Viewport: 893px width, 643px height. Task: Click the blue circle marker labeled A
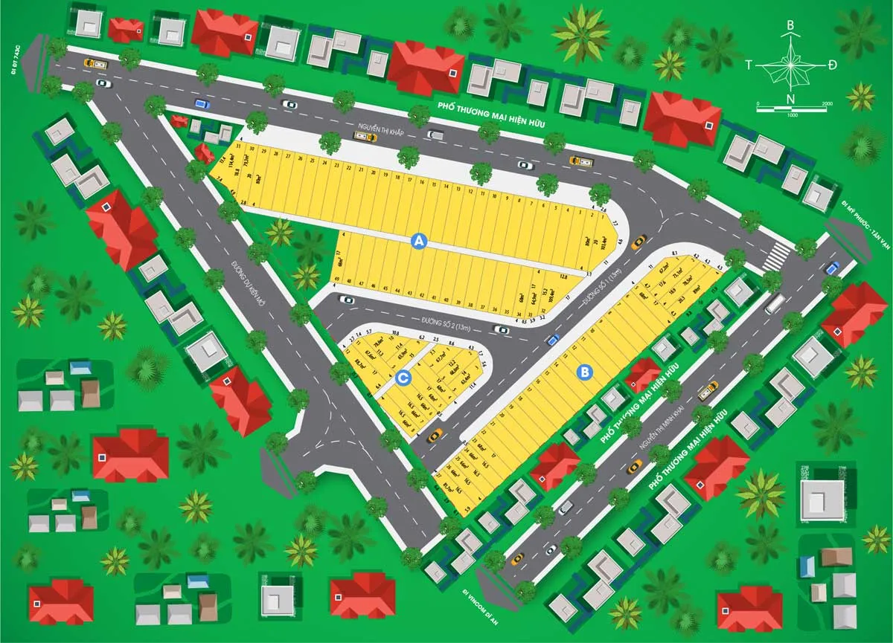click(x=419, y=241)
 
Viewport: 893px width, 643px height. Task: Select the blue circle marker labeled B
click(x=585, y=371)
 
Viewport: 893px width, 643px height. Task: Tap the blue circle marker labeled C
click(x=403, y=378)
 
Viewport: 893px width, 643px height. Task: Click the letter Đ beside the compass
click(x=832, y=65)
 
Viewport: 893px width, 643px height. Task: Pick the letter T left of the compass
click(x=749, y=65)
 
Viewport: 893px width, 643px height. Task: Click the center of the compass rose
click(x=790, y=65)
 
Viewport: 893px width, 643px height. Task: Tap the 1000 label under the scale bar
click(x=791, y=115)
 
